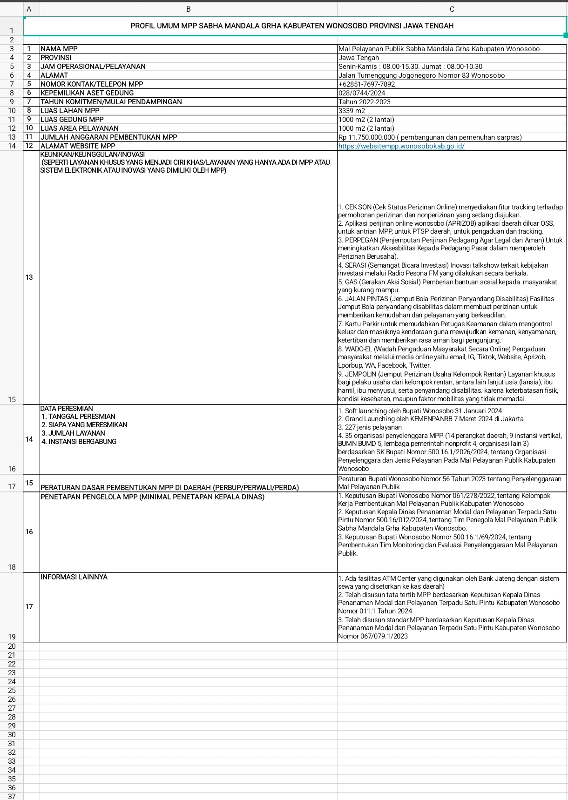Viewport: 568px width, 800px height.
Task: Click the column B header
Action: click(x=188, y=9)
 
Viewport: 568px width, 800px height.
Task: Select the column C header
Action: click(x=452, y=9)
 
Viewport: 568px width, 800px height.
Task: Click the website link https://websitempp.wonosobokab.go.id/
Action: click(x=401, y=146)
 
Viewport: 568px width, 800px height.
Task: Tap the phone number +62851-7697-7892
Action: click(x=366, y=84)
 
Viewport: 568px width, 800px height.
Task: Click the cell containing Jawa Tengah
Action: click(x=358, y=58)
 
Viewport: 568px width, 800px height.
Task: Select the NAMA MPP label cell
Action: click(x=59, y=49)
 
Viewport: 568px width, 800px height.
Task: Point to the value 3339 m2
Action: click(x=352, y=111)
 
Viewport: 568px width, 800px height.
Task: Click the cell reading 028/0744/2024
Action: click(x=362, y=93)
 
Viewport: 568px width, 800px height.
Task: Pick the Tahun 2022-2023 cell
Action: click(x=365, y=102)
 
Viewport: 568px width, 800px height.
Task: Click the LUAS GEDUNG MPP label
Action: click(x=72, y=120)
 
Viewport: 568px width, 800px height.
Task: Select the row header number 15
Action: click(x=12, y=399)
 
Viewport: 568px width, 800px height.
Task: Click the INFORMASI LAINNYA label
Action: click(x=74, y=577)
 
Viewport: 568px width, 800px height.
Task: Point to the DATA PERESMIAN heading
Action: click(x=67, y=409)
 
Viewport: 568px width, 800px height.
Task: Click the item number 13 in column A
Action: click(x=29, y=277)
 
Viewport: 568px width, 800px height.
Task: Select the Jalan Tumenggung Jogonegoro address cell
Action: click(x=421, y=75)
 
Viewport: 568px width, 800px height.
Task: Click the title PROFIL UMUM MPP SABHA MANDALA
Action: click(x=292, y=26)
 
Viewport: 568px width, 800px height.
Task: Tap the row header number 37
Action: click(x=12, y=796)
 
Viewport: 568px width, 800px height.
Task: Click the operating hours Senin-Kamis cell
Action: click(x=410, y=67)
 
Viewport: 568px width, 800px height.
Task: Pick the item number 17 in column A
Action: click(x=29, y=607)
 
